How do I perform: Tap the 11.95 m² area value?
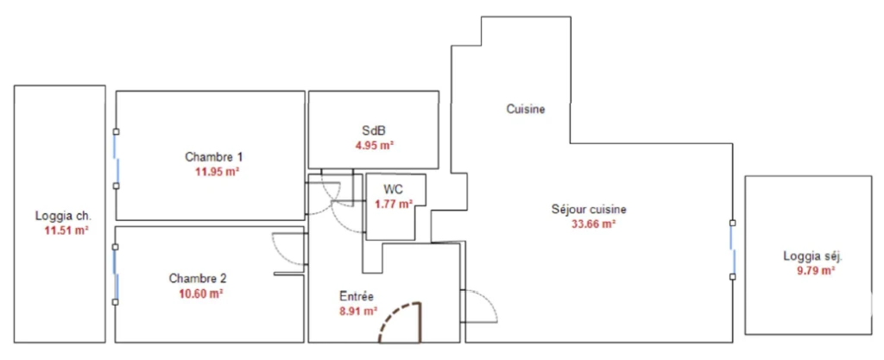point(218,171)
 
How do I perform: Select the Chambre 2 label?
point(198,278)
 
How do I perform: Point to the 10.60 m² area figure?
point(201,293)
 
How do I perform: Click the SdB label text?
point(375,130)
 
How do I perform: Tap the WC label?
point(394,189)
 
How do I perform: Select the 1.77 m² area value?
point(394,204)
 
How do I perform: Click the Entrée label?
point(357,296)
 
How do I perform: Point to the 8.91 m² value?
point(358,311)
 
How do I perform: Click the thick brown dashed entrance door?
point(401,323)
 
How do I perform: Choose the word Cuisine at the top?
point(526,110)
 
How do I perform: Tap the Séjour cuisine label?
point(589,209)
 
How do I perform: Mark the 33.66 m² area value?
point(593,224)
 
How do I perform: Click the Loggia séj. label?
point(812,256)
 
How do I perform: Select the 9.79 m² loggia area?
point(812,271)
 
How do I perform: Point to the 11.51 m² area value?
point(66,230)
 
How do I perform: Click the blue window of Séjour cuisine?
point(733,249)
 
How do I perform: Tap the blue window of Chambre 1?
point(116,159)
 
